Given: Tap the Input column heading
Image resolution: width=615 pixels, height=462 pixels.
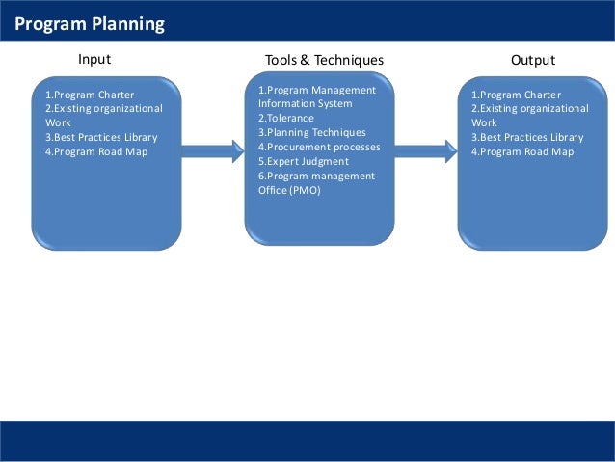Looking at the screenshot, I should pos(94,60).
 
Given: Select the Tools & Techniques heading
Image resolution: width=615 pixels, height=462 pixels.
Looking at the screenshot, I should pos(324,60).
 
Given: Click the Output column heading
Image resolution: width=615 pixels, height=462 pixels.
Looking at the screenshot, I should pos(533,60).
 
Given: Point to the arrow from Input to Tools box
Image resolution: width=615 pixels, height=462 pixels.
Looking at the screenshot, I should pos(212,150).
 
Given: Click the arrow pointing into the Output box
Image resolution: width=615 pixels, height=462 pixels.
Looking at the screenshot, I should pos(425,148).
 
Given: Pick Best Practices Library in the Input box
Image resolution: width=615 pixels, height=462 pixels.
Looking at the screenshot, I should pos(101,137).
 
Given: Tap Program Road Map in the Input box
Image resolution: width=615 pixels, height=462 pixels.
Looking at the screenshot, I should pos(96,151).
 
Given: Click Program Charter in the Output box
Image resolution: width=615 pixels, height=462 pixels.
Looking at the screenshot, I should pos(516,95).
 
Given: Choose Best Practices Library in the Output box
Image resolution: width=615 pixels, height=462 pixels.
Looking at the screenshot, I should pos(527,137).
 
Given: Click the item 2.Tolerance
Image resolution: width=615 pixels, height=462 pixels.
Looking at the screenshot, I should pos(286,118).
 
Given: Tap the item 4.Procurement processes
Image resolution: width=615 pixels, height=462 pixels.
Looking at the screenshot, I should pos(319,147).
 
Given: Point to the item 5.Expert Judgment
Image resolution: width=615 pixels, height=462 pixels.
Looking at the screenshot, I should pos(304,161).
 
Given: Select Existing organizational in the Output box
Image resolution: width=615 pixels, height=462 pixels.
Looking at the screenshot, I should pos(530,109).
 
